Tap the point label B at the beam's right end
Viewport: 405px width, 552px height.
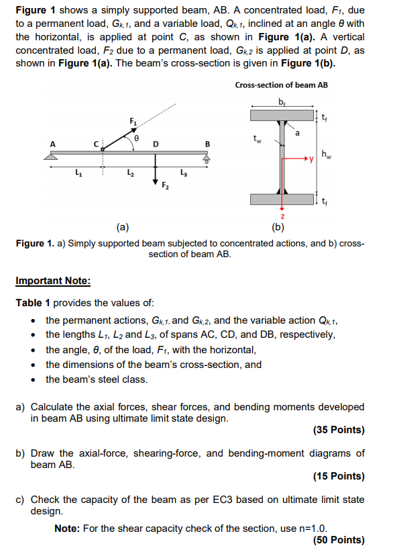[x=207, y=143]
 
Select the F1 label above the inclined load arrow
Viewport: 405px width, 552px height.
[x=133, y=120]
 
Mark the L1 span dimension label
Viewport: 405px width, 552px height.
[x=77, y=175]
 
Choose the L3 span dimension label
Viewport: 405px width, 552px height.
[x=183, y=175]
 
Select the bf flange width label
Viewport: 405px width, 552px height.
[x=281, y=101]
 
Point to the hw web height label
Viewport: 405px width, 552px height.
[x=325, y=156]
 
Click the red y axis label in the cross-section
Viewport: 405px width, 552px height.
[x=310, y=159]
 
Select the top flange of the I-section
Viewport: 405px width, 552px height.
[x=282, y=116]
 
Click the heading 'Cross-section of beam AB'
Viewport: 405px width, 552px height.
[x=282, y=85]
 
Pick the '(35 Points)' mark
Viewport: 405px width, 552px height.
[x=339, y=430]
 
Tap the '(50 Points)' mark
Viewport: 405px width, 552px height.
[x=339, y=539]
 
